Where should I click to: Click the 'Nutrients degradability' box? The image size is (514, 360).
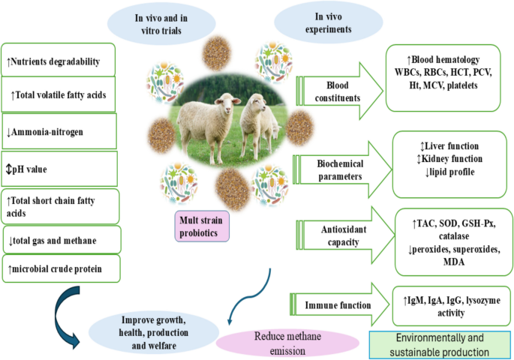[x=59, y=60]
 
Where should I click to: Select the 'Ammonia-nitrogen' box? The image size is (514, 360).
[x=59, y=131]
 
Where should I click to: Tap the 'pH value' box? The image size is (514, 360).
[x=59, y=169]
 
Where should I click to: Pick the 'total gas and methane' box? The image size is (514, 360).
[x=62, y=240]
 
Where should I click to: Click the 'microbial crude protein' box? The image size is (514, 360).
[x=62, y=268]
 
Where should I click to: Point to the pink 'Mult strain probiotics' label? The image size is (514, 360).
[x=202, y=226]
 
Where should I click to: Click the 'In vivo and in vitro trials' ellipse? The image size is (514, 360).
[x=161, y=24]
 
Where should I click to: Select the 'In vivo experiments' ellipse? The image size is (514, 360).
[x=329, y=22]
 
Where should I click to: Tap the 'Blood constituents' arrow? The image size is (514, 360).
[x=339, y=91]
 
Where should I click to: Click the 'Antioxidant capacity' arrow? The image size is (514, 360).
[x=344, y=235]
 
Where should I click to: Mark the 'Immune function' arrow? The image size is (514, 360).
[x=339, y=304]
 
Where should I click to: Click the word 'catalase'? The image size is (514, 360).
[x=454, y=235]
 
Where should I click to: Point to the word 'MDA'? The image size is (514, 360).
[x=454, y=262]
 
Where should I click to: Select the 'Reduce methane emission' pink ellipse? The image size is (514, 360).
[x=287, y=343]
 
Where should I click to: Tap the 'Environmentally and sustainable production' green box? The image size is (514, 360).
[x=440, y=345]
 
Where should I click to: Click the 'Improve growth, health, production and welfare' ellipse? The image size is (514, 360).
[x=153, y=332]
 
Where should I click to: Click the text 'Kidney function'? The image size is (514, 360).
[x=452, y=159]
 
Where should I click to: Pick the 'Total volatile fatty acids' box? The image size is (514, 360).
[x=59, y=94]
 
